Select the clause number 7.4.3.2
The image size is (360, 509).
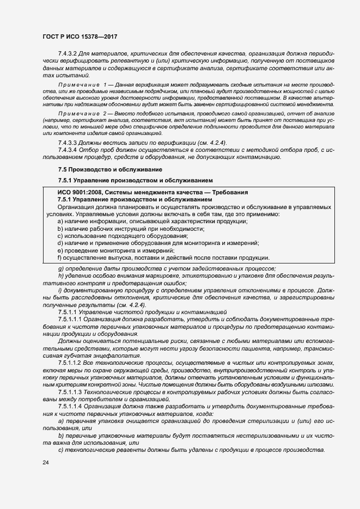(69, 54)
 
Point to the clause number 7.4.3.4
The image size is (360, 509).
(69, 150)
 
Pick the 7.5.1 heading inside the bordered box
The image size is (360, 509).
(65, 199)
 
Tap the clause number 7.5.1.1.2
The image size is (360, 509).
(72, 362)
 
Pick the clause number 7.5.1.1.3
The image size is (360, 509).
(72, 391)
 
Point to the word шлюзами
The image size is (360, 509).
(311, 384)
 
